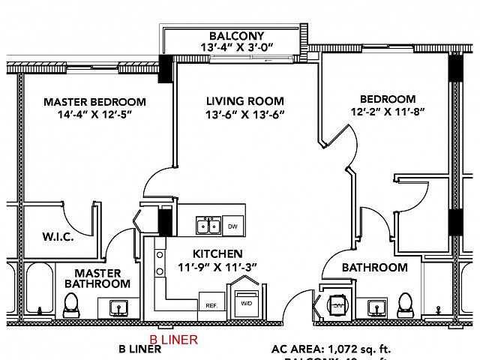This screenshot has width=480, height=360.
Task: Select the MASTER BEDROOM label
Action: (x=94, y=102)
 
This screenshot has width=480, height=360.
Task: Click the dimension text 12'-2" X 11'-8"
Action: (x=387, y=112)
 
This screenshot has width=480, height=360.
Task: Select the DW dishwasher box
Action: (x=232, y=226)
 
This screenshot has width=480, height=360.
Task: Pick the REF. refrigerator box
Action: (x=211, y=304)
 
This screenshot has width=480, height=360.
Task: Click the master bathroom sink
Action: (x=118, y=307)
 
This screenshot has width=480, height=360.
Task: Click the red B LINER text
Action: (x=174, y=339)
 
